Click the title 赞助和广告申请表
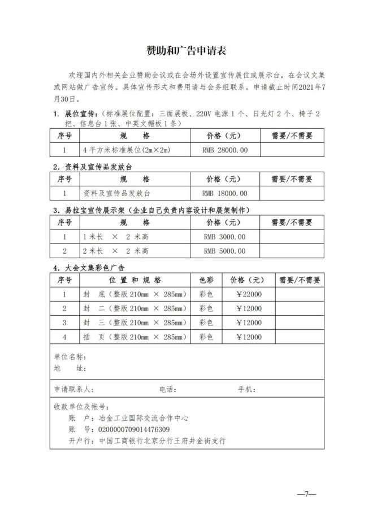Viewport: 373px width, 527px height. coord(186,51)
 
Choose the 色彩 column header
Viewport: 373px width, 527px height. coord(206,280)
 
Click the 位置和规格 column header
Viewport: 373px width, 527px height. coord(135,280)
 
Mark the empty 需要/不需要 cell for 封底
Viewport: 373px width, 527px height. coord(299,294)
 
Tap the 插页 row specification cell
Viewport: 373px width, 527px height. coord(135,337)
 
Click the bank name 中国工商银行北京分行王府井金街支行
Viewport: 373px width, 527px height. coord(162,441)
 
